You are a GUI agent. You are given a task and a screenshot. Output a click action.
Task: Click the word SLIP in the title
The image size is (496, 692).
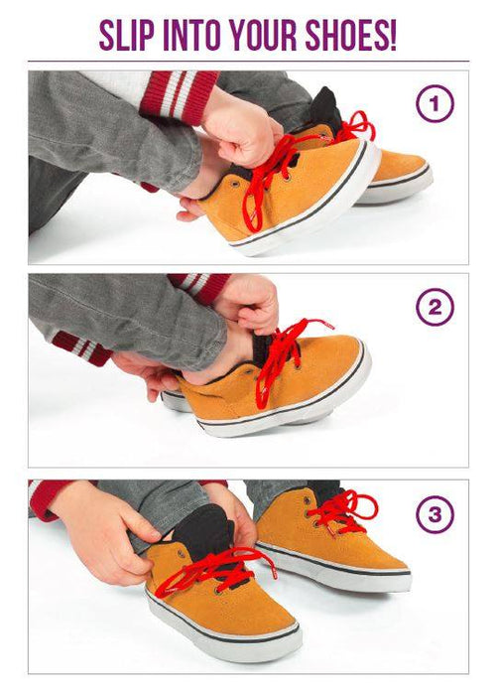[x=126, y=35]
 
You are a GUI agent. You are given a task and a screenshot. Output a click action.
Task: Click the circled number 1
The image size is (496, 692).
[x=434, y=103]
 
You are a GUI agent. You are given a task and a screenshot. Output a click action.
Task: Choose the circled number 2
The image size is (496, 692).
[x=434, y=307]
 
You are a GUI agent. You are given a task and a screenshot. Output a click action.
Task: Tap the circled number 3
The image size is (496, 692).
[x=434, y=514]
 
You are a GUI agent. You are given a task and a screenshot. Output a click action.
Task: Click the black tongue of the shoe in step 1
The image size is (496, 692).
[x=328, y=108]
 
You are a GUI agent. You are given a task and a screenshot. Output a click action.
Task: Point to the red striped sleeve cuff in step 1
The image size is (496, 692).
[x=179, y=95]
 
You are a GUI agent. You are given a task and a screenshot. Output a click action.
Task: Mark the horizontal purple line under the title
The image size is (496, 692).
[x=248, y=61]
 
